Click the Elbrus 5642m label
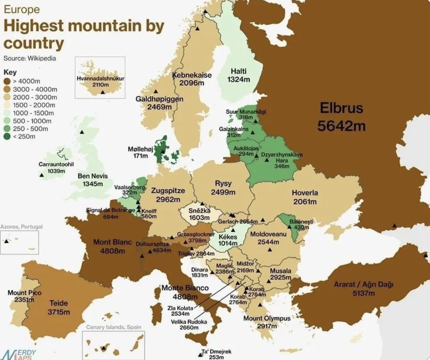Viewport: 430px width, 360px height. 341,117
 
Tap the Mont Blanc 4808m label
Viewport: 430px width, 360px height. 113,246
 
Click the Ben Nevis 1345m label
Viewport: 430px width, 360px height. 92,180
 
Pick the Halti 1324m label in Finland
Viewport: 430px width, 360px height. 239,75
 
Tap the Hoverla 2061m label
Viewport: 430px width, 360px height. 305,197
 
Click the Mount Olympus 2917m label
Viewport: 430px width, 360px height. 267,322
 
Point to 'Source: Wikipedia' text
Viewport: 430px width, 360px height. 29,58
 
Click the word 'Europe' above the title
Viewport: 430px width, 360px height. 21,10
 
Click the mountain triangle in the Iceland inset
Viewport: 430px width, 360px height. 103,92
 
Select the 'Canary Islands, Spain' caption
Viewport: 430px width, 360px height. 113,327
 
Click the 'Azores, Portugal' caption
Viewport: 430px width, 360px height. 21,227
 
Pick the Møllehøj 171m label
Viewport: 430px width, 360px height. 138,152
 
